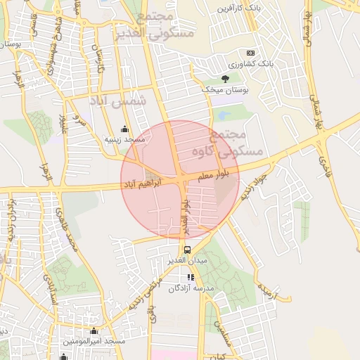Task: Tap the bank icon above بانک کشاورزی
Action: click(x=250, y=53)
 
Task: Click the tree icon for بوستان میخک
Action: click(x=225, y=79)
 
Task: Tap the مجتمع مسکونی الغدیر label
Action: click(x=164, y=26)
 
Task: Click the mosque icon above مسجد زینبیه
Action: click(x=125, y=129)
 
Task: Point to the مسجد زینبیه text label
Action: click(x=124, y=140)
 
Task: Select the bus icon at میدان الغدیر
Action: click(x=187, y=250)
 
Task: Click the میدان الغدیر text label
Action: click(x=186, y=261)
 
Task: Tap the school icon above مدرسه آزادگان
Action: click(x=191, y=277)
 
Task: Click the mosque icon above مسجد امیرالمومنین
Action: click(x=94, y=330)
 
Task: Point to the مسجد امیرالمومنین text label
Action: click(x=94, y=341)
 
